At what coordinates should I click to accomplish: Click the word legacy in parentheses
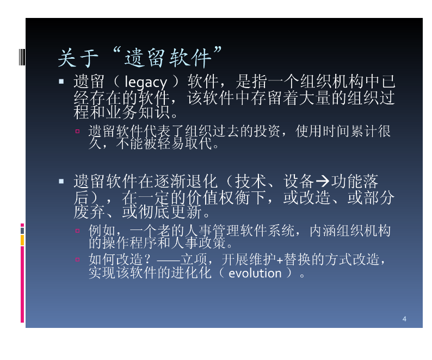click(x=145, y=82)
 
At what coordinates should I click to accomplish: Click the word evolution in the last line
click(x=255, y=273)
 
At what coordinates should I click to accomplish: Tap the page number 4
click(x=404, y=319)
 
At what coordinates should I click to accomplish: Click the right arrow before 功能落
click(x=322, y=181)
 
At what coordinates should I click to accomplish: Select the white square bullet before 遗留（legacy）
click(x=61, y=81)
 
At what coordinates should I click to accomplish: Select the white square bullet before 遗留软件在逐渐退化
click(x=61, y=181)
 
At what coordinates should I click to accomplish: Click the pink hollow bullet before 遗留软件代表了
click(x=77, y=131)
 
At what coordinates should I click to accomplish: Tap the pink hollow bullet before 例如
click(x=77, y=231)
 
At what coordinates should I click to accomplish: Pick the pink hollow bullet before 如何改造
click(x=77, y=259)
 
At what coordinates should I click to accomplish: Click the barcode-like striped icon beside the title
click(x=22, y=57)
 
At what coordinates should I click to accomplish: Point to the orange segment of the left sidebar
click(x=22, y=240)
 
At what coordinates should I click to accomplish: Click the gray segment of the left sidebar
click(x=22, y=231)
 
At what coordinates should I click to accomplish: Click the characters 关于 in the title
click(x=78, y=58)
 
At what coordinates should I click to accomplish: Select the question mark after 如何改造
click(x=147, y=259)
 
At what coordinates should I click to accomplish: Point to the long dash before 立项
click(x=168, y=260)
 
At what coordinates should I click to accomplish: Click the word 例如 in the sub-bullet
click(x=102, y=231)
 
